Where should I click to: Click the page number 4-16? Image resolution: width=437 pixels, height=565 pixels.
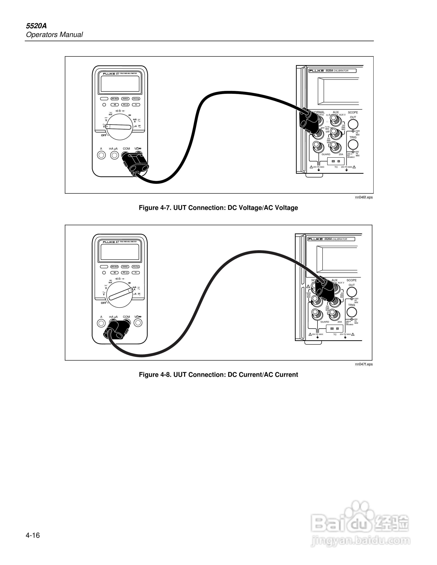pos(33,535)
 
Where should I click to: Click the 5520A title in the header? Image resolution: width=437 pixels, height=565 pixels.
pos(36,26)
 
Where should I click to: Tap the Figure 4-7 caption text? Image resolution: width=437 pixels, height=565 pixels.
pos(218,208)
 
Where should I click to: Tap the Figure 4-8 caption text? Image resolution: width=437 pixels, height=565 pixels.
pos(218,375)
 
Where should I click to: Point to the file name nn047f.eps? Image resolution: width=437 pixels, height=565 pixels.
pos(364,364)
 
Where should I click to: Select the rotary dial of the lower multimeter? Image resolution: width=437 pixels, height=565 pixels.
pos(119,295)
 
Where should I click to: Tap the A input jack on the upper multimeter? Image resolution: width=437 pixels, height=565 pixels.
pos(101,155)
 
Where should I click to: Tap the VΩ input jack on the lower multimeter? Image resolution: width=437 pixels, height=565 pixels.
pos(138,323)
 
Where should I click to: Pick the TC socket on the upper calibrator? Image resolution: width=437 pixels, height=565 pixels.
pos(336,161)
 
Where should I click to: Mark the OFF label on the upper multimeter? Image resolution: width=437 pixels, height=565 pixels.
pos(104,135)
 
